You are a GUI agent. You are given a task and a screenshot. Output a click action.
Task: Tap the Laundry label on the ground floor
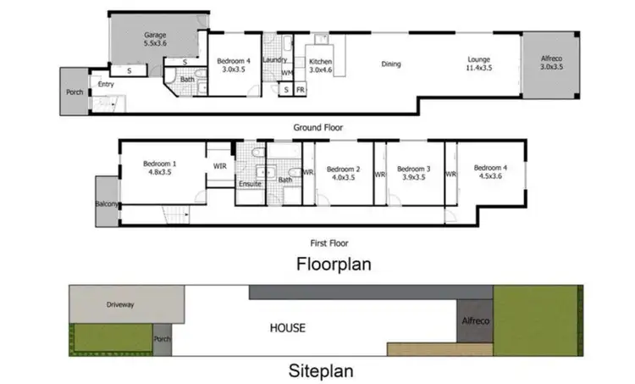275,60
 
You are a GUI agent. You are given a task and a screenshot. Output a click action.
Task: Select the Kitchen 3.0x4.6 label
322,66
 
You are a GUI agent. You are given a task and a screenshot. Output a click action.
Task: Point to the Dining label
390,64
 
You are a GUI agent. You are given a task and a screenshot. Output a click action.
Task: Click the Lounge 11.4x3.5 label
478,64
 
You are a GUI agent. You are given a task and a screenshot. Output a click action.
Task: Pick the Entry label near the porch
106,84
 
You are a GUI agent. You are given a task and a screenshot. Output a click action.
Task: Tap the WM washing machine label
286,74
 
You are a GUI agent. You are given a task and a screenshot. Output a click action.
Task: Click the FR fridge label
300,89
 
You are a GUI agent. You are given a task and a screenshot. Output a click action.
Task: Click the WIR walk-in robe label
219,166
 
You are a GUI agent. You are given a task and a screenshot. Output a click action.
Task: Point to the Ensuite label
250,183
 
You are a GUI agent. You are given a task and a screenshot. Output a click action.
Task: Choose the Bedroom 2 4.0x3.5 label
344,173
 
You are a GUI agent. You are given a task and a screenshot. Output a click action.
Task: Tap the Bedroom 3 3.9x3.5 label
414,173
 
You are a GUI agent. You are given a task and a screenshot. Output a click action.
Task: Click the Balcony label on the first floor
106,204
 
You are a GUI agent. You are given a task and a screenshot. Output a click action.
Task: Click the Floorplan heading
334,264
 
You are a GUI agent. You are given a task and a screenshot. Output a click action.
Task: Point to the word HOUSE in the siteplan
287,327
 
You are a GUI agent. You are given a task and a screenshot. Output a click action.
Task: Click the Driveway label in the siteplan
120,303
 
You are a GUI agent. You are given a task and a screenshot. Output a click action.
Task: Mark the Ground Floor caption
317,127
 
